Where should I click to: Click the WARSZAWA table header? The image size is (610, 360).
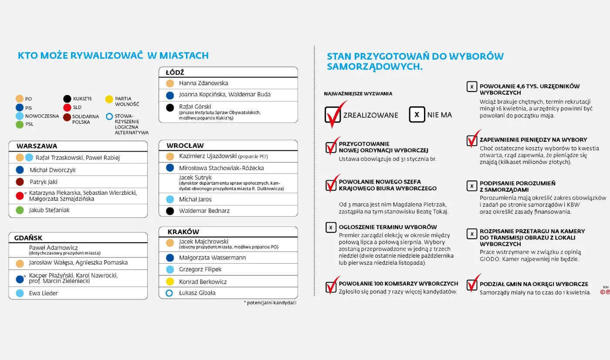coord(37,146)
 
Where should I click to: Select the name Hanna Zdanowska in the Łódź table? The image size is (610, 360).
coord(203,83)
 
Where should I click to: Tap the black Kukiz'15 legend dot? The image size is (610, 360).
coord(67,99)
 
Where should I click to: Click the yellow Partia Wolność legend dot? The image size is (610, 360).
coord(109,99)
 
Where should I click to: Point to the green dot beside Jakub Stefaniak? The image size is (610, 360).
coord(20,210)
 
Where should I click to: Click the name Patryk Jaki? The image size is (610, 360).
coord(44,182)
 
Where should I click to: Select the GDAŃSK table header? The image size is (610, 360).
coord(28,238)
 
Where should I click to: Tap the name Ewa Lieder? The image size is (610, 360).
coord(44,293)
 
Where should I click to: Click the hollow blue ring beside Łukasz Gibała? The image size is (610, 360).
coord(170,293)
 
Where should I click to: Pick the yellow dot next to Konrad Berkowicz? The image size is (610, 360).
coord(170,282)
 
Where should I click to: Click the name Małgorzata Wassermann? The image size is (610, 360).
coord(212,258)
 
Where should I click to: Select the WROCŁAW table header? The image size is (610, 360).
coord(185,146)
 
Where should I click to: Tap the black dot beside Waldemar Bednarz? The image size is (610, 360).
coord(170,211)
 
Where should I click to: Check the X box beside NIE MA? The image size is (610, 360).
coord(417,115)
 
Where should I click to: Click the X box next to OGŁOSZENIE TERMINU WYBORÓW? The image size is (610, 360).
coord(331,227)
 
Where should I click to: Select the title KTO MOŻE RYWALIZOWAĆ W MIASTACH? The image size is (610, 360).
coord(113,56)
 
